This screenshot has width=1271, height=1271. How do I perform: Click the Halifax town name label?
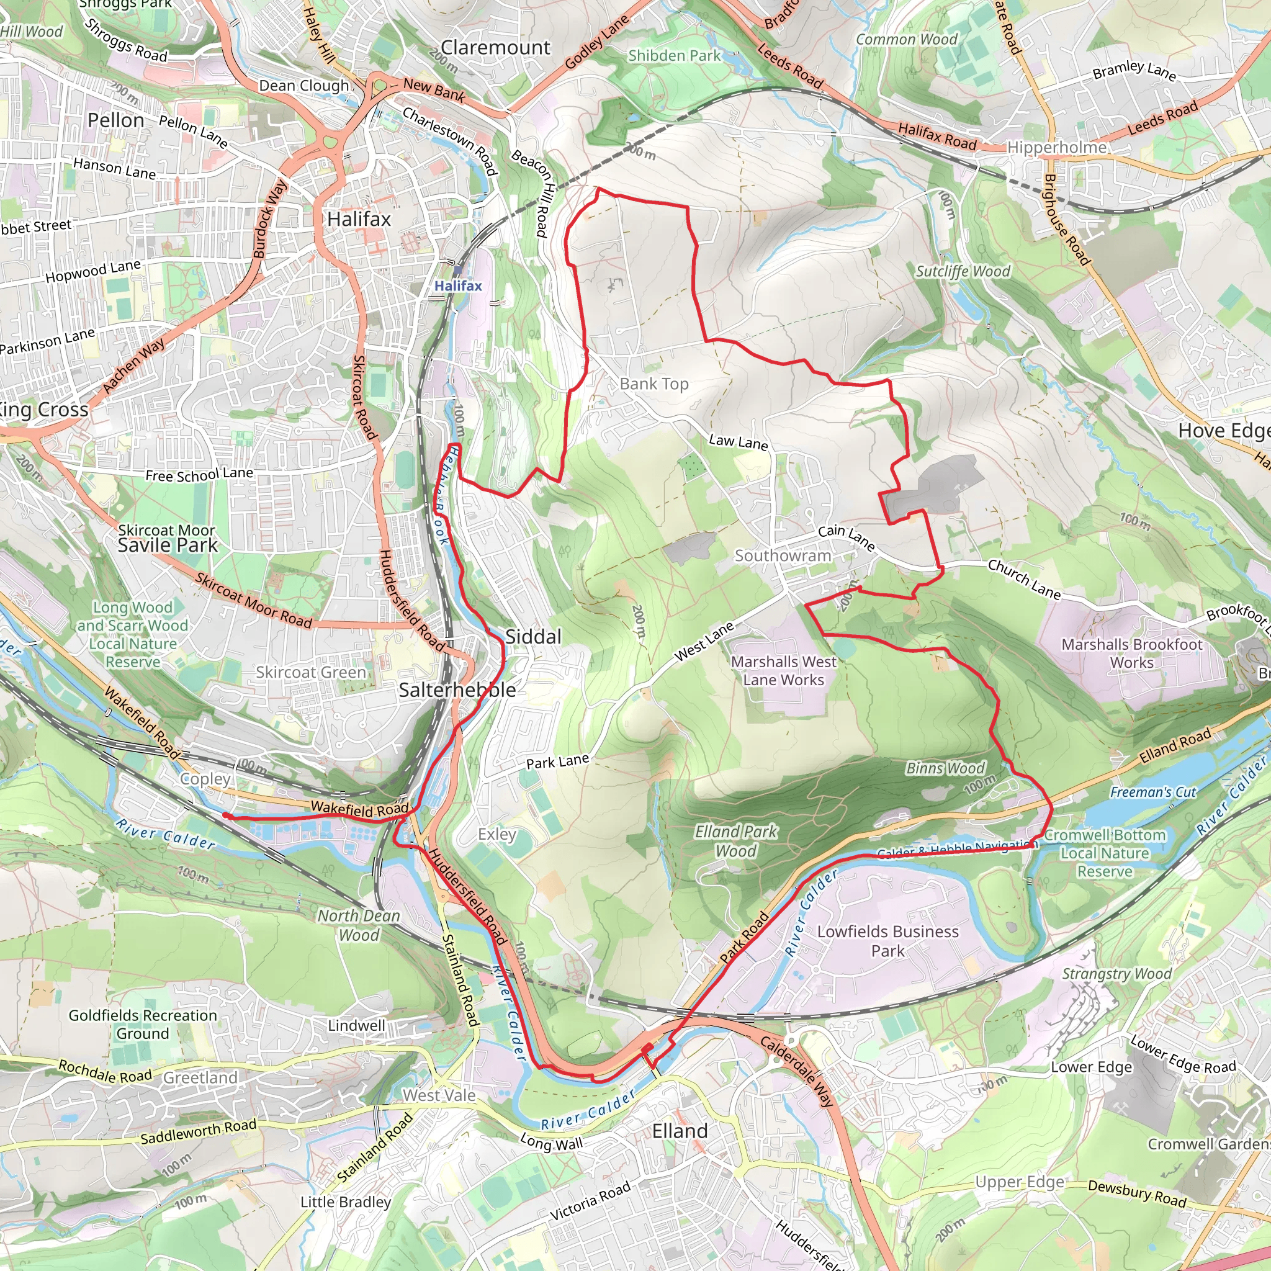tap(359, 219)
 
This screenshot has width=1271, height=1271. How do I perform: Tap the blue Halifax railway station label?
tap(458, 285)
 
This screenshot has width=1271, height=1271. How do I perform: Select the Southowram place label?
tap(782, 556)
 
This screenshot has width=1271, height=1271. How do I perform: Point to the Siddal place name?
tap(533, 636)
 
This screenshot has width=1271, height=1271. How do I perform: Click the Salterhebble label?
tap(457, 689)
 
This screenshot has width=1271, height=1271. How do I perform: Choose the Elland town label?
tap(680, 1131)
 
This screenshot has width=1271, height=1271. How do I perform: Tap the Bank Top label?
tap(654, 384)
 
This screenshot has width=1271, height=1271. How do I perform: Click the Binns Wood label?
tap(945, 768)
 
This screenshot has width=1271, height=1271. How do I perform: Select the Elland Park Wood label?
tap(735, 841)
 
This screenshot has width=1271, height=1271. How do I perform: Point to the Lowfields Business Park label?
tap(887, 941)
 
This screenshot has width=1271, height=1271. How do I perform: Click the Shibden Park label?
tap(675, 56)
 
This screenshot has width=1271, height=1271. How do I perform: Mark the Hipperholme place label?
tap(1056, 147)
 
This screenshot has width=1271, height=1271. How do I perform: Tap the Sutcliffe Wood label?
tap(963, 271)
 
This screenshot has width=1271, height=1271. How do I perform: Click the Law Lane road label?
tap(738, 442)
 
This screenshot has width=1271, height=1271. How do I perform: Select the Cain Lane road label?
tap(846, 537)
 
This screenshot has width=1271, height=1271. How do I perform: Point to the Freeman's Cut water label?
tap(1153, 792)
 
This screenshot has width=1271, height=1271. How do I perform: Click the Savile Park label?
tap(167, 545)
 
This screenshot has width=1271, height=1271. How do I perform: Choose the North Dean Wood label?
tap(359, 925)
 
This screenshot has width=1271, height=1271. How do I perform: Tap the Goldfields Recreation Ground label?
tap(143, 1024)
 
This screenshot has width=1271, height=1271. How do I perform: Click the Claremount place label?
tap(495, 47)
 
